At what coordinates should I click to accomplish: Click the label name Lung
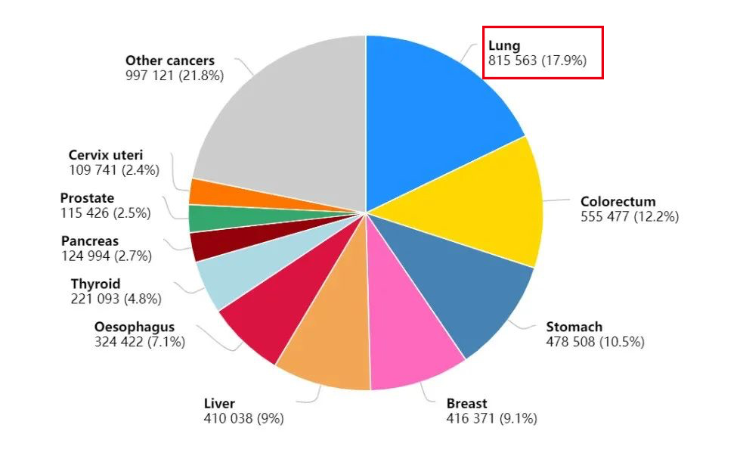pos(504,46)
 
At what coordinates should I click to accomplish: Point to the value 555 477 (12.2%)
pos(630,216)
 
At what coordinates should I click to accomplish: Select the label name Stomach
pos(574,327)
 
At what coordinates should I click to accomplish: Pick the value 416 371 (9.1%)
pos(492,418)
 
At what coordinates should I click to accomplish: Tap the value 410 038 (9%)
pos(244,418)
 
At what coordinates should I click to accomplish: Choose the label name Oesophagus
pos(135,327)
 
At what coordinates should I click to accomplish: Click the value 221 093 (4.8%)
pos(116,299)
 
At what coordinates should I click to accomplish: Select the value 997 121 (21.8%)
pos(175,76)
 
